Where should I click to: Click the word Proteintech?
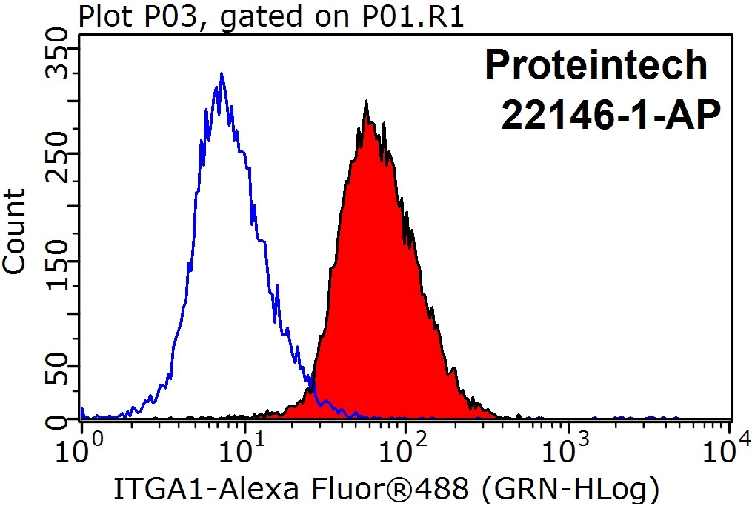596,65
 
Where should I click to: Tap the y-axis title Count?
15,231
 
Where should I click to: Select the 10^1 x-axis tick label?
244,448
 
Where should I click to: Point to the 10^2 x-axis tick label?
406,448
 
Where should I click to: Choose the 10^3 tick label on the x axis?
568,448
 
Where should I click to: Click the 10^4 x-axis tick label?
731,448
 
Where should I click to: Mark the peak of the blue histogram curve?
221,74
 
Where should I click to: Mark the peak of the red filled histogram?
365,101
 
